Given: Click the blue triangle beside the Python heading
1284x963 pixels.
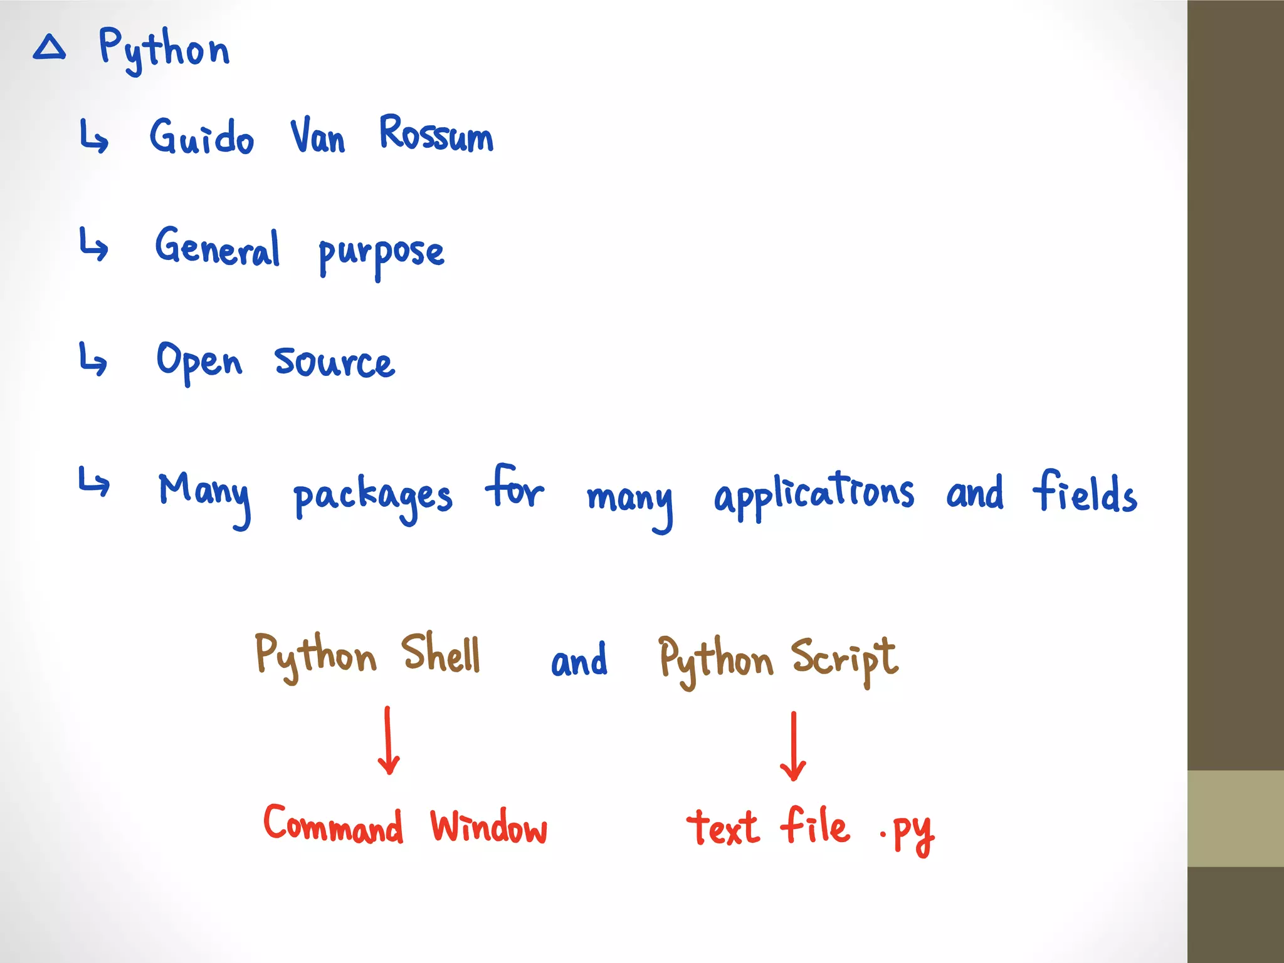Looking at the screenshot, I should pyautogui.click(x=50, y=48).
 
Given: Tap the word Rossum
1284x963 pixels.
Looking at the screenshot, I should pyautogui.click(x=436, y=134).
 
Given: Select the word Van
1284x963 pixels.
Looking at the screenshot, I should pyautogui.click(x=317, y=136).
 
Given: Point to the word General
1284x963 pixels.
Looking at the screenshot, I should pyautogui.click(x=218, y=247).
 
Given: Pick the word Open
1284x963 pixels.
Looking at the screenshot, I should pyautogui.click(x=199, y=362).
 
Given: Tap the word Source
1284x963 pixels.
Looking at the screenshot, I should pyautogui.click(x=335, y=363).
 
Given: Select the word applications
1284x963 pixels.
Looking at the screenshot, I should pyautogui.click(x=814, y=494).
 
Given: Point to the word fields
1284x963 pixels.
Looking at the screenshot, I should pyautogui.click(x=1085, y=493).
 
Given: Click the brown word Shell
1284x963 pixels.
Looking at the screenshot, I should pyautogui.click(x=441, y=654).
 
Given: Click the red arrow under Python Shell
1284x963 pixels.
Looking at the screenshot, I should pyautogui.click(x=389, y=741).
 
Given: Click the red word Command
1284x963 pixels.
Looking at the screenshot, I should pyautogui.click(x=333, y=824).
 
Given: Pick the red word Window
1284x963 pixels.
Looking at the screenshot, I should pyautogui.click(x=488, y=827).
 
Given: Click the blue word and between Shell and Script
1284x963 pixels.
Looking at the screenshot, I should pyautogui.click(x=579, y=661).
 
